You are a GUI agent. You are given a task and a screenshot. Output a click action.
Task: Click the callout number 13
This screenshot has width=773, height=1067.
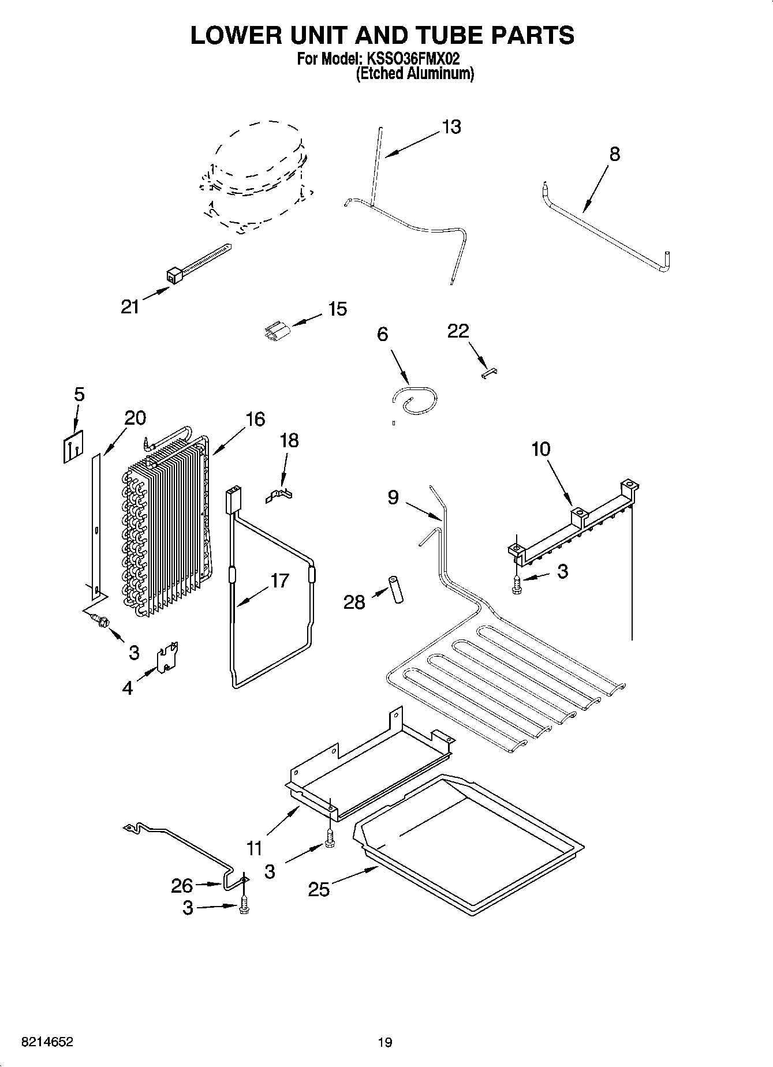[451, 127]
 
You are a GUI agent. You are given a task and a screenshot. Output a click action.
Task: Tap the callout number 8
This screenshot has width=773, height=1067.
[614, 154]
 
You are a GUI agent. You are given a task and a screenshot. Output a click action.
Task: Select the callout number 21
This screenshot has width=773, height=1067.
[130, 307]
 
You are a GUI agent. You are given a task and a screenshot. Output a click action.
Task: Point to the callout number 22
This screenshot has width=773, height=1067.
[458, 331]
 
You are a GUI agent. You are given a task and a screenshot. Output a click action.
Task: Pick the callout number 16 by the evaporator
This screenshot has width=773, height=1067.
[255, 420]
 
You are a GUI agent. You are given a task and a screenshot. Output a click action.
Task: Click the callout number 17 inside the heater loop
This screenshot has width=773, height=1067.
[279, 580]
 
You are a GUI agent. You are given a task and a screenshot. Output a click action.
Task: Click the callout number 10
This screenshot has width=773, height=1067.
[540, 449]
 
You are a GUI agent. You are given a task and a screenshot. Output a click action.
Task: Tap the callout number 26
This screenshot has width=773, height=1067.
[182, 885]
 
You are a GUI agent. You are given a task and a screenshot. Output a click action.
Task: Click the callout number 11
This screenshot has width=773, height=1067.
[255, 848]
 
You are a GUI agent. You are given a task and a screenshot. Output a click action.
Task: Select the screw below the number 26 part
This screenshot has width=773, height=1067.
[243, 905]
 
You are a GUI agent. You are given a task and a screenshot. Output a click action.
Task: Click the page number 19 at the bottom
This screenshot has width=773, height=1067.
[384, 1042]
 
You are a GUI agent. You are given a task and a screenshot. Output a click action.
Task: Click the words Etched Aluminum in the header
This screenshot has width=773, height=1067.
[414, 74]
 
